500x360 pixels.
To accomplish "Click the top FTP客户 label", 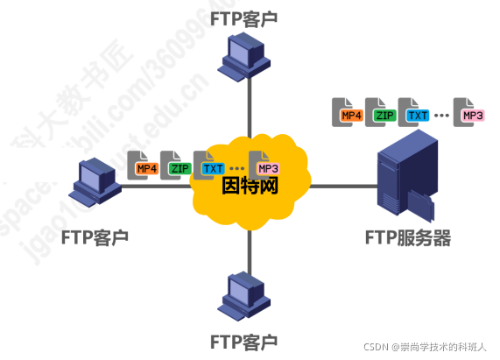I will tap(250, 17).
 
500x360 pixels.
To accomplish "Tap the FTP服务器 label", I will tap(408, 237).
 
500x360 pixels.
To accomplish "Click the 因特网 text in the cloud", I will tap(250, 185).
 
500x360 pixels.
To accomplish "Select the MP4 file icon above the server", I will tap(349, 112).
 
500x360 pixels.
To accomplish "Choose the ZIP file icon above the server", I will tap(382, 112).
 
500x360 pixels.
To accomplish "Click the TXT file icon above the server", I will tap(415, 112).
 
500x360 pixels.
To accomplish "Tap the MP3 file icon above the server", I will tap(470, 112).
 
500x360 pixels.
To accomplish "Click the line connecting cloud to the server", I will tap(342, 186).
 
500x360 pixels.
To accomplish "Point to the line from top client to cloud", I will tap(249, 105).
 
